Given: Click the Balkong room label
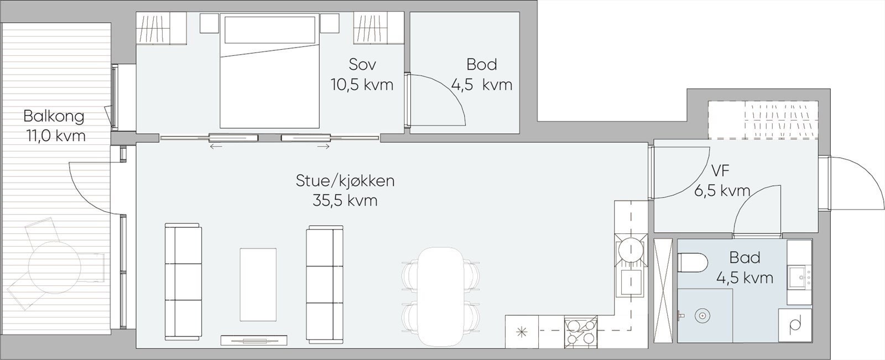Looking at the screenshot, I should pos(54,116).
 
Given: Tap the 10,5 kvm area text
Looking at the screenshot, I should pos(362,85).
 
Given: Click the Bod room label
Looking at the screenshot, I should pos(481,64).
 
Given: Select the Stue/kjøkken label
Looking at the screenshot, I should pos(345,180).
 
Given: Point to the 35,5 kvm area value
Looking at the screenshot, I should pos(345,200).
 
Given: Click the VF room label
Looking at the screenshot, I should pos(721,170).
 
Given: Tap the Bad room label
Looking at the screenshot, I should pos(745,258).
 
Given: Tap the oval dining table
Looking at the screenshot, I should pos(440,296).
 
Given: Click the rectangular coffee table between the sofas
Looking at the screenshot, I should pos(258,284).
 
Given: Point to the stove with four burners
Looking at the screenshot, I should pos(581,332).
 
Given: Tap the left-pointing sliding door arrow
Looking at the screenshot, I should pos(216,147).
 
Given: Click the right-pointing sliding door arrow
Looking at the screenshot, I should pos(324,147).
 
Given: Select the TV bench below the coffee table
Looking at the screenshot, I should pos(254,340).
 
